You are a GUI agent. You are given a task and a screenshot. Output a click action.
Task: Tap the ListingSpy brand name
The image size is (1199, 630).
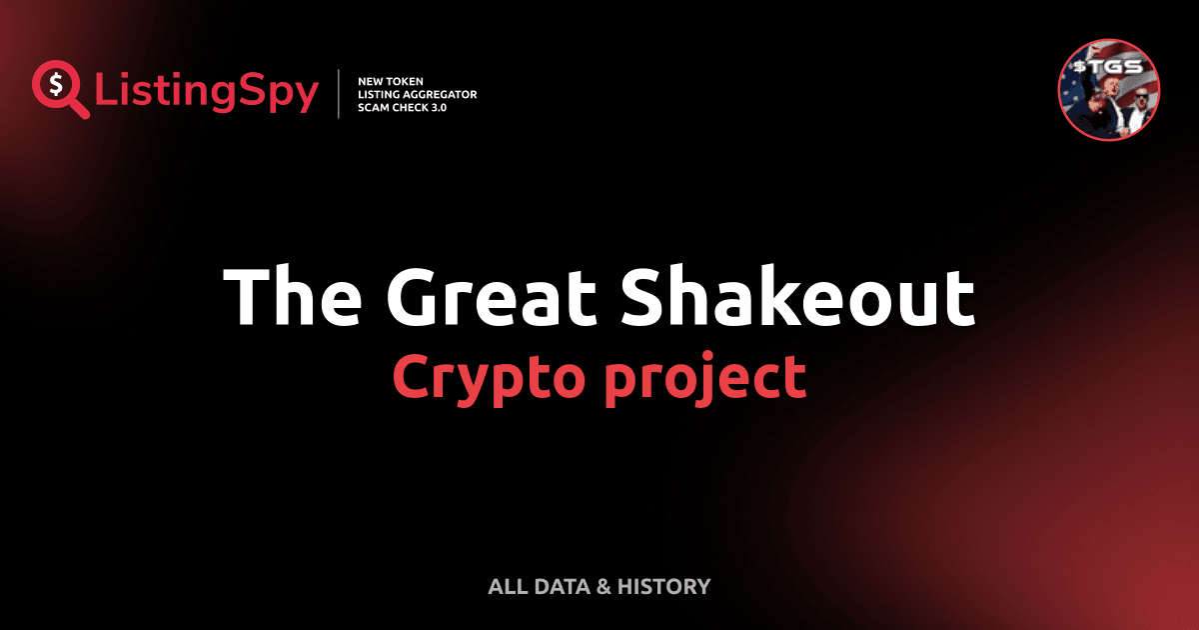(x=206, y=92)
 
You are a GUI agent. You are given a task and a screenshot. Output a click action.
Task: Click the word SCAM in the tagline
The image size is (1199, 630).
(x=373, y=107)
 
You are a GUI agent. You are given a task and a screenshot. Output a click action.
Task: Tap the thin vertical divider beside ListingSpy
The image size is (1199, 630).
(x=340, y=94)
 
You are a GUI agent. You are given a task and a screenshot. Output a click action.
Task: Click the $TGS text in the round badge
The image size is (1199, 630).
(x=1109, y=67)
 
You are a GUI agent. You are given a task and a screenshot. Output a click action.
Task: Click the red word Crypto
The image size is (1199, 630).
(x=489, y=377)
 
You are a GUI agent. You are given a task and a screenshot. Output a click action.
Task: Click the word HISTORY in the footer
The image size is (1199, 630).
(x=664, y=587)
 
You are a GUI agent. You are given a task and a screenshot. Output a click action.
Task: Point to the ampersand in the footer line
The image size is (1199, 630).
(x=602, y=587)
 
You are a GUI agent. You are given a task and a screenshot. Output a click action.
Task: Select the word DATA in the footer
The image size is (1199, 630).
(x=561, y=587)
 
